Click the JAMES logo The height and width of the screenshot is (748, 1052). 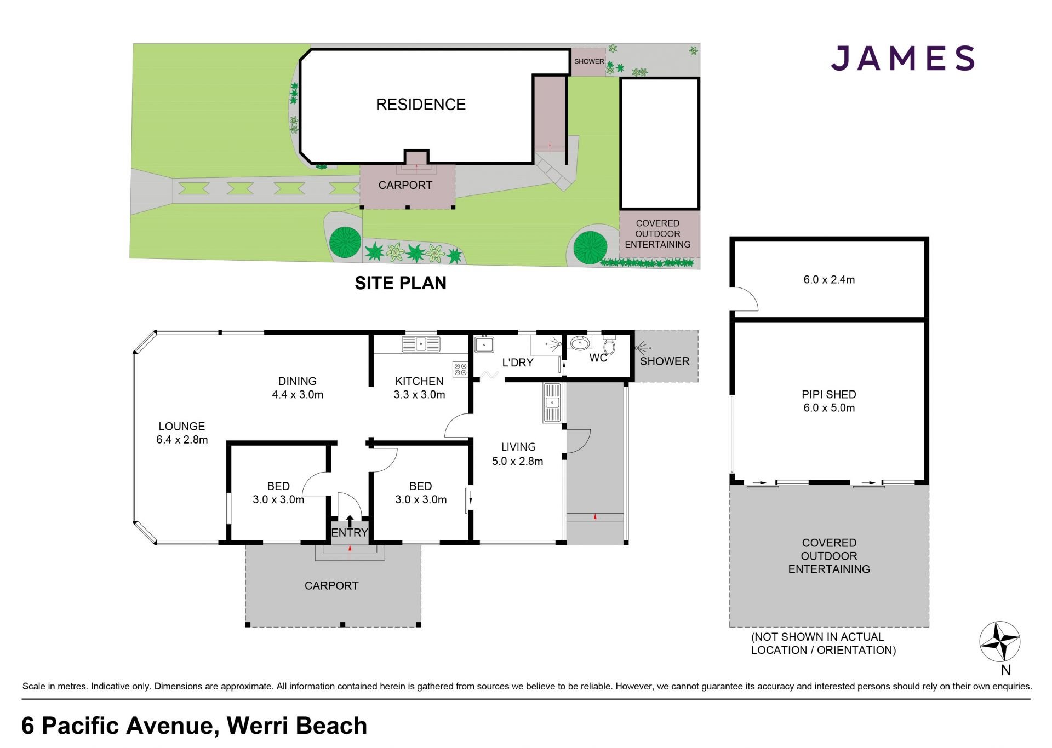click(x=902, y=58)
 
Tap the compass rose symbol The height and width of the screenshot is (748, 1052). click(x=1000, y=642)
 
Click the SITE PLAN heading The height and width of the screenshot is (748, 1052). click(x=401, y=283)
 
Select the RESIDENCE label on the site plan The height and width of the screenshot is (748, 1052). click(x=421, y=105)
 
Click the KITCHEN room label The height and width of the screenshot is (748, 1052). click(x=420, y=381)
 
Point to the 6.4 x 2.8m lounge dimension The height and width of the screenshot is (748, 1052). click(x=182, y=440)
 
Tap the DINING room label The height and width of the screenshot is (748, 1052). click(x=298, y=381)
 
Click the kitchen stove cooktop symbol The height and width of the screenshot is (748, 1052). click(x=460, y=370)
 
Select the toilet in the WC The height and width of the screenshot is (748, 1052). click(x=609, y=344)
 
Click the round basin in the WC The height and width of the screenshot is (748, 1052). click(x=580, y=343)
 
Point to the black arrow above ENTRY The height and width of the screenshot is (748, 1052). click(x=350, y=520)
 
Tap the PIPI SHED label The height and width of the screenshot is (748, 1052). click(x=829, y=394)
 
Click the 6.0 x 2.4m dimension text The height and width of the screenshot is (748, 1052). click(x=829, y=280)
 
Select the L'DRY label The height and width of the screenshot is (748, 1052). click(x=518, y=363)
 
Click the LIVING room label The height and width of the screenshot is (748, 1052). click(x=518, y=447)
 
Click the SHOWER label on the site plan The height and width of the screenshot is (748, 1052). click(x=589, y=61)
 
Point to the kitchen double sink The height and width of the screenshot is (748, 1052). click(x=421, y=344)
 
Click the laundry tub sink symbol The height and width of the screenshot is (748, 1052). click(x=484, y=344)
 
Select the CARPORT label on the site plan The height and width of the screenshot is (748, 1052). click(x=405, y=185)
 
